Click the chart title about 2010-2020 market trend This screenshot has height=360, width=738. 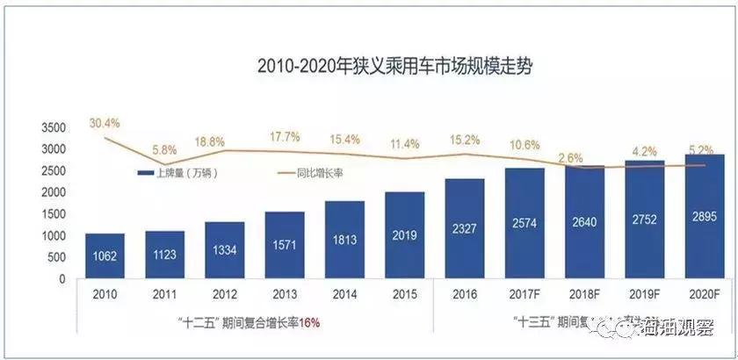pyautogui.click(x=394, y=67)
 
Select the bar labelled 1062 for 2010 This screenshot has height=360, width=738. pyautogui.click(x=105, y=256)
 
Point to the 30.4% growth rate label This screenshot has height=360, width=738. pyautogui.click(x=105, y=122)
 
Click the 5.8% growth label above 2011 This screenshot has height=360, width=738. pyautogui.click(x=165, y=150)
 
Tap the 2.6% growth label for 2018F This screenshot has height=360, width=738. pyautogui.click(x=570, y=158)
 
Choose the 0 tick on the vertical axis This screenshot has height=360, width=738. pyautogui.click(x=62, y=279)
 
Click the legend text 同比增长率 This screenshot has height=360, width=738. pyautogui.click(x=317, y=173)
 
